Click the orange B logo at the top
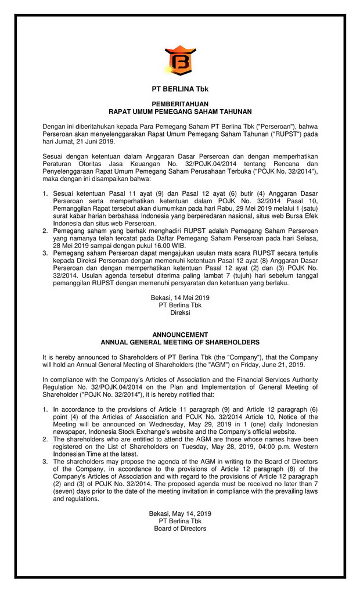tap(180, 60)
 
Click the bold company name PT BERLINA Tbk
tap(180, 89)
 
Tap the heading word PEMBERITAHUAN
tap(180, 103)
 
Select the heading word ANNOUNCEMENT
tap(180, 335)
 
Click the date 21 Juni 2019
tap(96, 142)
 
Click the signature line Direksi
tap(180, 312)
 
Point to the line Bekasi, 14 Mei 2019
tap(180, 298)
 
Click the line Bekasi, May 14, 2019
tap(180, 514)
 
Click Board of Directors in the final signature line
tap(180, 529)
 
